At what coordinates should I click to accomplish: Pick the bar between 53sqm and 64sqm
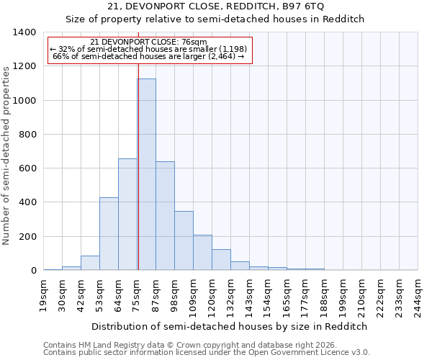click(109, 234)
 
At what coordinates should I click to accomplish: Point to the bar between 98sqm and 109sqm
click(184, 240)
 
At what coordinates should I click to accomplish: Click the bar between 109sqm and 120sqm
click(202, 253)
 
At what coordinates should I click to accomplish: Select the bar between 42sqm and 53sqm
click(90, 263)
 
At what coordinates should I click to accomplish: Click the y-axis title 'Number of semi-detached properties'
click(7, 155)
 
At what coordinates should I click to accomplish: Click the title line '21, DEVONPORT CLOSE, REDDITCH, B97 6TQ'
click(215, 6)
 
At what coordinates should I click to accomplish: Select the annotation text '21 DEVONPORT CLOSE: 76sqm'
click(150, 42)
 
